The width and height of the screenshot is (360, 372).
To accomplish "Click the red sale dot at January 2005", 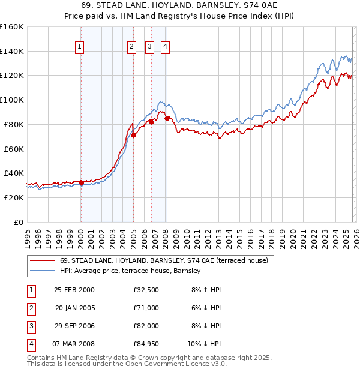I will coord(133,135).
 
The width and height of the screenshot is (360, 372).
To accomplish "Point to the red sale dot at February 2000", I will coord(81,182).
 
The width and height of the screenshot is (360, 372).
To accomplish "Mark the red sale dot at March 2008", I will coord(167,118).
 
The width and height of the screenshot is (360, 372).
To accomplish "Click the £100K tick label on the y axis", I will coord(11,100).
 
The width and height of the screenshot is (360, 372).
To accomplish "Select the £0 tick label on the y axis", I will coord(18,222).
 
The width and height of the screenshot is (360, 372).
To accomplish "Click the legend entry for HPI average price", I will coord(130,271).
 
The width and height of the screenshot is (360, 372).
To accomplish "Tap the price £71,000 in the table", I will coord(146,307).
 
